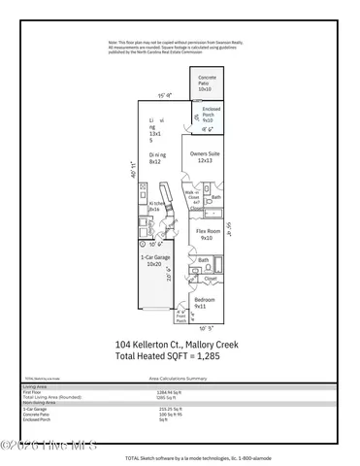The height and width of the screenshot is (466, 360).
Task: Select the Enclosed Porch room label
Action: [207, 116]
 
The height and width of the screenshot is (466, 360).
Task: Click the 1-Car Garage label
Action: [151, 260]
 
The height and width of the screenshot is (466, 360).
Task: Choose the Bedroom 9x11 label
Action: [205, 303]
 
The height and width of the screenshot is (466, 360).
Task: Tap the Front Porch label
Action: [181, 316]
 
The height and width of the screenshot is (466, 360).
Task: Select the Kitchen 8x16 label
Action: [154, 207]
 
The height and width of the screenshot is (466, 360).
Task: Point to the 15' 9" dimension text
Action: [164, 95]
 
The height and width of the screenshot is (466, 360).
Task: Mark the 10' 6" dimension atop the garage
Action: [153, 244]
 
